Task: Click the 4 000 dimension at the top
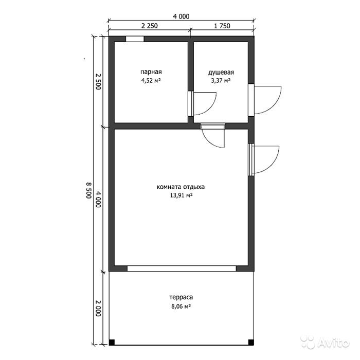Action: (x=181, y=16)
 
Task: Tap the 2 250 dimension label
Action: (x=150, y=26)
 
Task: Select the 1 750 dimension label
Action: (x=222, y=26)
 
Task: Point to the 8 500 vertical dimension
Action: (x=89, y=190)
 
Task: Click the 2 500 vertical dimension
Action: (x=98, y=81)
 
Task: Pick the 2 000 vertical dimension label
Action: (x=98, y=308)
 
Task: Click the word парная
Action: (x=151, y=72)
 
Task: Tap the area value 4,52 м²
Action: (x=151, y=81)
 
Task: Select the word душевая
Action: (x=221, y=73)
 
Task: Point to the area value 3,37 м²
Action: (x=221, y=81)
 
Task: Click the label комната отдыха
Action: (x=181, y=187)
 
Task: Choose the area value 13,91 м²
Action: (x=181, y=195)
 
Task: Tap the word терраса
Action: (x=181, y=298)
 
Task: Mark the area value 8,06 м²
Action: (x=181, y=307)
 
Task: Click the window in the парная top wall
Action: (x=135, y=39)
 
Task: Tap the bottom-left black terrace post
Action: (x=112, y=343)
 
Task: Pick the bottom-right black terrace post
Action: (x=251, y=343)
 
